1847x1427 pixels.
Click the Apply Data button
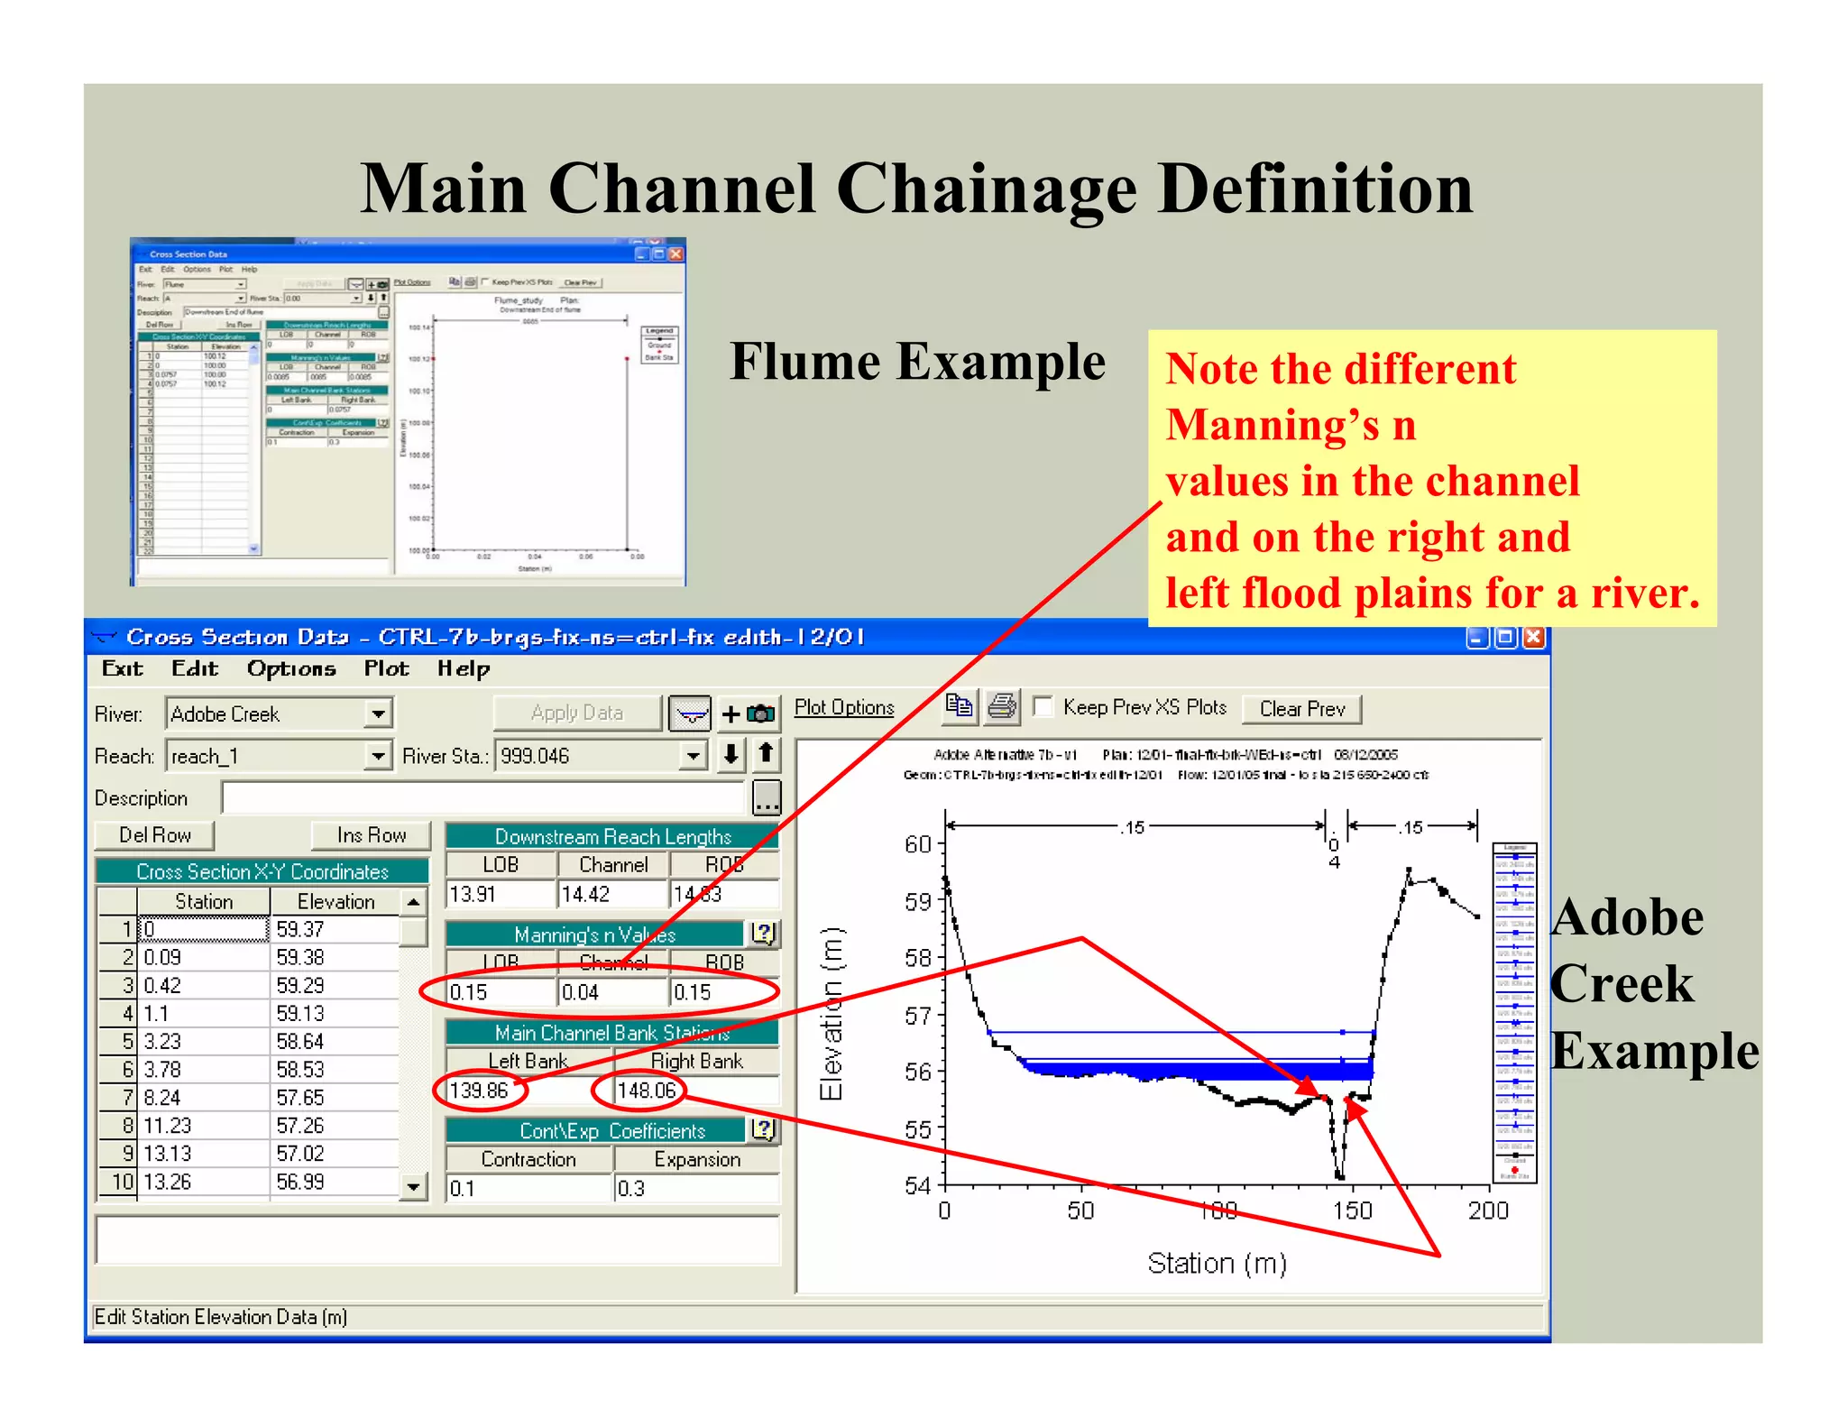click(577, 713)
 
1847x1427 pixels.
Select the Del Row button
click(154, 835)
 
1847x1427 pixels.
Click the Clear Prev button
click(1301, 709)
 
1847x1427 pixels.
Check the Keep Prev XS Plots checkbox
click(1043, 706)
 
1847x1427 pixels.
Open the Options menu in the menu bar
click(291, 668)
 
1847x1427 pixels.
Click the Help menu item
click(464, 668)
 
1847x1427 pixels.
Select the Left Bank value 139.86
click(479, 1091)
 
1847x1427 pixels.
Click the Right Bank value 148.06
click(646, 1091)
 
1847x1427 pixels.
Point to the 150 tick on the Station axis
click(1353, 1211)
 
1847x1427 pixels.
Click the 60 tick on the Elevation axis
click(918, 844)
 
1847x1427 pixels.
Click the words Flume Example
click(917, 363)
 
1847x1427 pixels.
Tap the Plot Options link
click(844, 707)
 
